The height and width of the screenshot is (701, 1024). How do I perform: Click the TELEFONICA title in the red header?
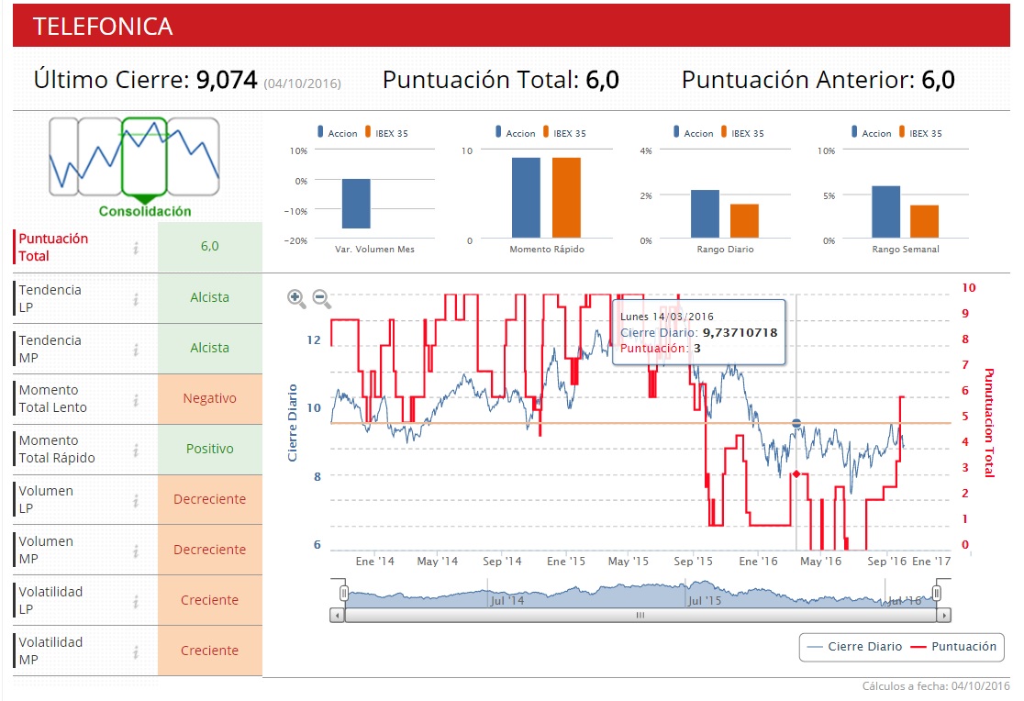103,27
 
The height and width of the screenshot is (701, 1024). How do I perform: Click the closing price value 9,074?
227,80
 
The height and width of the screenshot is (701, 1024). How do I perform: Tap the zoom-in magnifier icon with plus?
296,298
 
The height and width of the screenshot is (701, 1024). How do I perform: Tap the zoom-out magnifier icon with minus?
321,298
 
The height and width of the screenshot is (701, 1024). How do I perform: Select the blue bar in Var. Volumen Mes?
356,204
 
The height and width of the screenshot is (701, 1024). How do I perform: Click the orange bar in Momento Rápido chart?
566,198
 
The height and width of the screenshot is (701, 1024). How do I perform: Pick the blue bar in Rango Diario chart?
705,214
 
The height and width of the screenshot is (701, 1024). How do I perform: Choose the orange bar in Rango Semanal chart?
924,221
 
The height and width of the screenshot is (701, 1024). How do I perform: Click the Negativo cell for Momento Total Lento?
209,398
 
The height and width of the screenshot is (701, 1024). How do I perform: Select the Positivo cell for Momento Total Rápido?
209,449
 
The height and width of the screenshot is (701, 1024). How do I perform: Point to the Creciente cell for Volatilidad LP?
209,600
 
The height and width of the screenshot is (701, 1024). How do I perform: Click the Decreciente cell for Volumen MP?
209,550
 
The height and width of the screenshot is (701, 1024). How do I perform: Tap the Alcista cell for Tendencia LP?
209,297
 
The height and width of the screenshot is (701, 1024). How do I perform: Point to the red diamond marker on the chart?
796,473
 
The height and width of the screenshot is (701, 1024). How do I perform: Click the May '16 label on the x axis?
819,561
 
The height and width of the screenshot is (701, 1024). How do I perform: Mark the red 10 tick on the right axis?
969,287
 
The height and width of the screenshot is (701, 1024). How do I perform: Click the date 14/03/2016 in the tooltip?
682,317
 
